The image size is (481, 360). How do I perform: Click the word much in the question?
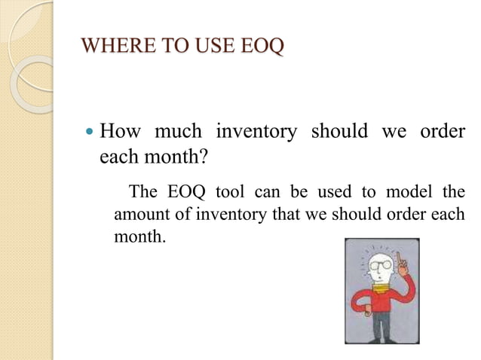[x=177, y=132]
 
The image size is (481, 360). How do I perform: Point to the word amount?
[x=139, y=214]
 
